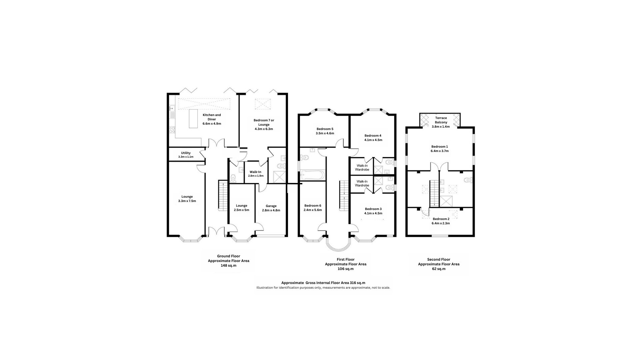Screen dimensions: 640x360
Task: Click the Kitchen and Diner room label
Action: pyautogui.click(x=212, y=117)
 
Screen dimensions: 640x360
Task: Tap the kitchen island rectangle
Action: pyautogui.click(x=193, y=118)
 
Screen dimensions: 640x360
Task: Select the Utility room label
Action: pyautogui.click(x=186, y=153)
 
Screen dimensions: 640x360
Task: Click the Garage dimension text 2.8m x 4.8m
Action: pyautogui.click(x=271, y=210)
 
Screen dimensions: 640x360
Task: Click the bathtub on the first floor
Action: pyautogui.click(x=312, y=175)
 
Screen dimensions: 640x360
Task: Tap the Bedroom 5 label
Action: pyautogui.click(x=325, y=129)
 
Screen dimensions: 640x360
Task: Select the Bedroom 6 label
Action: pyautogui.click(x=313, y=206)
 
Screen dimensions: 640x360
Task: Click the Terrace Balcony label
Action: pyautogui.click(x=441, y=120)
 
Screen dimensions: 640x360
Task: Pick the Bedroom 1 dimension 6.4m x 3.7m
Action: pyautogui.click(x=440, y=151)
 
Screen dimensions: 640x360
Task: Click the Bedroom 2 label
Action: pyautogui.click(x=441, y=219)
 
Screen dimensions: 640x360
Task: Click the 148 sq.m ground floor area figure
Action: pyautogui.click(x=229, y=266)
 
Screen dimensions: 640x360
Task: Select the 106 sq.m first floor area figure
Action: pyautogui.click(x=346, y=269)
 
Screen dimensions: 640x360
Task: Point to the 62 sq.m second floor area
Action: pyautogui.click(x=439, y=269)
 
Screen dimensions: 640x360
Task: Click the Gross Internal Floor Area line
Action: pyautogui.click(x=323, y=283)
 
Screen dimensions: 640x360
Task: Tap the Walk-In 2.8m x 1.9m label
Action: pyautogui.click(x=256, y=174)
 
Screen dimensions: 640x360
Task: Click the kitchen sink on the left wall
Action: pyautogui.click(x=172, y=108)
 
